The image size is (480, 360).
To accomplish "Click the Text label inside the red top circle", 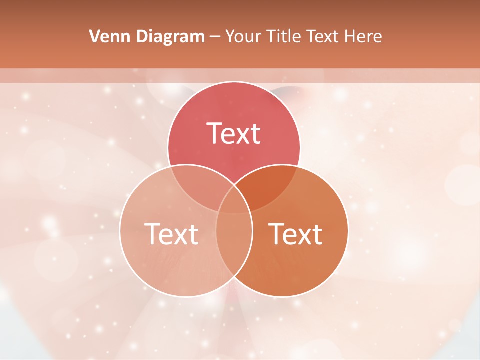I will coord(234,133).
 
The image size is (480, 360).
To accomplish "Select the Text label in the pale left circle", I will coord(171,233).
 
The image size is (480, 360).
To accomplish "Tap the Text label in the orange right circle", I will coord(296,233).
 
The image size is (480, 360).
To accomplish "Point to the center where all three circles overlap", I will coord(234,200).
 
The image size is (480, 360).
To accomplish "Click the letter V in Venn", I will coord(94,36).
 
